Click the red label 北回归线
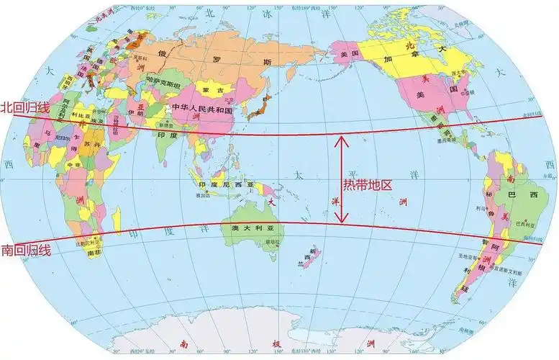click(24, 107)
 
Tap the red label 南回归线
click(26, 251)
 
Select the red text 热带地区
click(367, 185)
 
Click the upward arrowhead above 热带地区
click(343, 138)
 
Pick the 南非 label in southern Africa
click(94, 253)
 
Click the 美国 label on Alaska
click(349, 55)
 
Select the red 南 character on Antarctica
click(185, 343)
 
